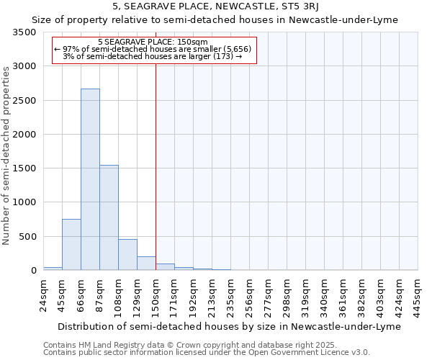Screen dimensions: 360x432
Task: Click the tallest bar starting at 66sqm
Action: click(x=90, y=180)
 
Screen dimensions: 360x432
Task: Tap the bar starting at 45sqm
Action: click(x=71, y=245)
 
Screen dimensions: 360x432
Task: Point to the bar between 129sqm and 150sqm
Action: click(x=146, y=264)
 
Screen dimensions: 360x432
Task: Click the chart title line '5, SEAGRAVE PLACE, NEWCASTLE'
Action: click(x=215, y=6)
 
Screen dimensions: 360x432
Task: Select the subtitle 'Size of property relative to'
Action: click(x=215, y=19)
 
